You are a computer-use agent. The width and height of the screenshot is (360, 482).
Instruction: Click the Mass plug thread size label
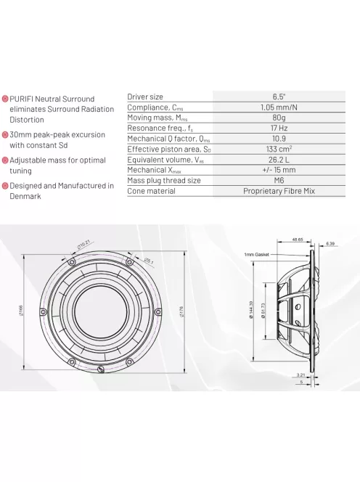[x=164, y=181]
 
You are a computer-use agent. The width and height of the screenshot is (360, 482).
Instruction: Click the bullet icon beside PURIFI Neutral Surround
[x=5, y=99]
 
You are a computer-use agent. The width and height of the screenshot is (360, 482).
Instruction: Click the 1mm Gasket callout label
[x=258, y=255]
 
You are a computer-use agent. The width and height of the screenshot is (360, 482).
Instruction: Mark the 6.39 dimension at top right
[x=330, y=243]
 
